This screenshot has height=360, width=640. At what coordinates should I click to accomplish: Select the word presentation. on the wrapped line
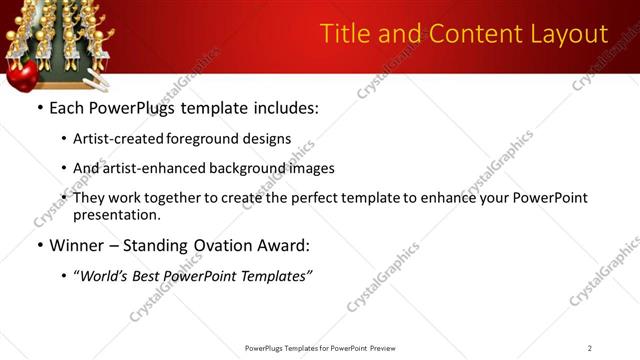point(116,214)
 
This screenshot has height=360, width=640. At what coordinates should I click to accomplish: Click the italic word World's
point(103,276)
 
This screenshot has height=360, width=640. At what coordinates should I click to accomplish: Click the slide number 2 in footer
point(590,348)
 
